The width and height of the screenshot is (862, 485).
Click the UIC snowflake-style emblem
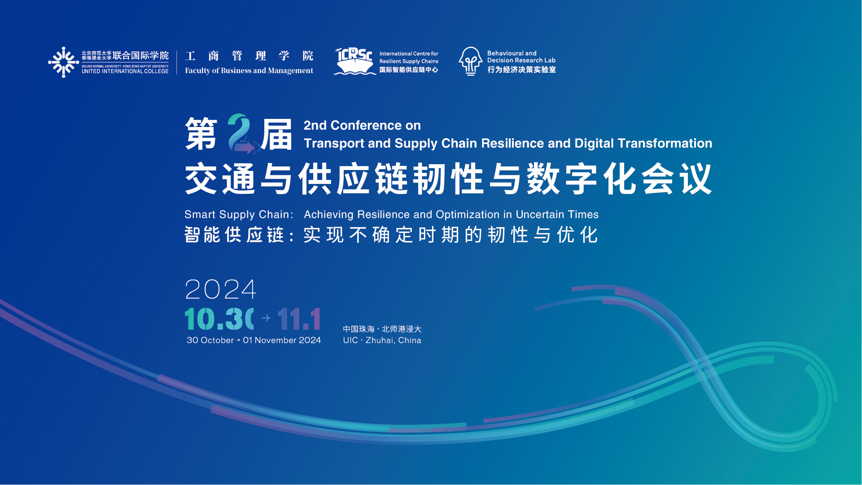pos(64,62)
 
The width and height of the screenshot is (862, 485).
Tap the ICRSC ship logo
pos(354,61)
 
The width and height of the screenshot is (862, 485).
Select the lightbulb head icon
pos(470,61)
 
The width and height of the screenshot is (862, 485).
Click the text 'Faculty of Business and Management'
pos(249,70)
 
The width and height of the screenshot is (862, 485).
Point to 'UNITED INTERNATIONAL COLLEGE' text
pos(125,71)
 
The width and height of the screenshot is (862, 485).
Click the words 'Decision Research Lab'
pos(521,60)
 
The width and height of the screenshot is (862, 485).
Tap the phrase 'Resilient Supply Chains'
pos(409,61)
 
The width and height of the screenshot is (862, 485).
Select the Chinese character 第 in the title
pos(201,134)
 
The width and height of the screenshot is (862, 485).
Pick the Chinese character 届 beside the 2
pos(276,134)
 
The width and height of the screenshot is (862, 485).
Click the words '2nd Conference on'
pos(362,125)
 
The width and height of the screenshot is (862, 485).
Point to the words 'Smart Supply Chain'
pos(236,215)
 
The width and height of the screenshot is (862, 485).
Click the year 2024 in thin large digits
pos(220,289)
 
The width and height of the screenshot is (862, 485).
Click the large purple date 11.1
pos(299,319)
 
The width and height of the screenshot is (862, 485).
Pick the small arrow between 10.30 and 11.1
pos(266,318)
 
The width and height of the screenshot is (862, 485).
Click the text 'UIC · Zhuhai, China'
pos(382,341)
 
